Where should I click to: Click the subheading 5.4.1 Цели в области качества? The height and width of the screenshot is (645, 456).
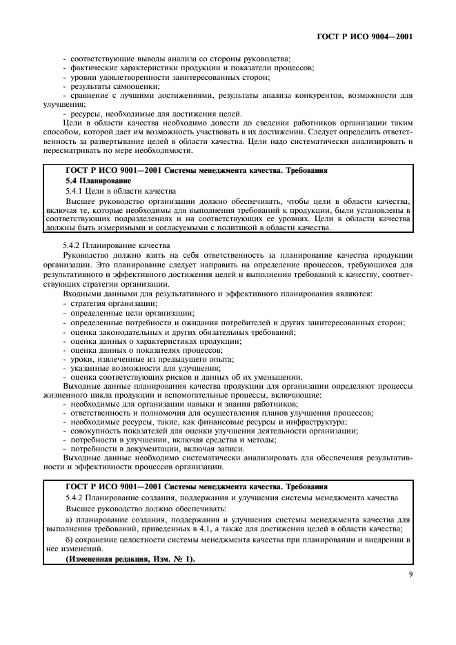110,190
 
